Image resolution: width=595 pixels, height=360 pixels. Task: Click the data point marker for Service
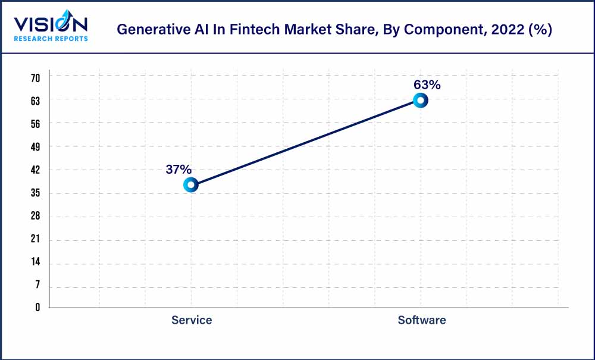[x=190, y=185]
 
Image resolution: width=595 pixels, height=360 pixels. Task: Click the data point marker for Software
[x=420, y=101]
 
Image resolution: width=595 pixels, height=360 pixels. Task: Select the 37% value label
[x=178, y=170]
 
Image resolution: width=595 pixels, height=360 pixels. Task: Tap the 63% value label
[x=427, y=85]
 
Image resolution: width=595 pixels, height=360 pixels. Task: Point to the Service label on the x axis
[x=192, y=320]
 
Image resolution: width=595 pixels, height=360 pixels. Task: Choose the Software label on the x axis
[x=421, y=320]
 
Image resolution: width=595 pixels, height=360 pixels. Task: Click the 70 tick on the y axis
[x=35, y=77]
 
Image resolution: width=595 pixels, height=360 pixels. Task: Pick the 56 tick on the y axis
[x=35, y=124]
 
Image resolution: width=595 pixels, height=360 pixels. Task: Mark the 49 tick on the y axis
[x=35, y=146]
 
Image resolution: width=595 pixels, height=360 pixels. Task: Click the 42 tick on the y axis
[x=35, y=170]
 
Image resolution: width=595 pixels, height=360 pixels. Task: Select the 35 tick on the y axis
[x=35, y=193]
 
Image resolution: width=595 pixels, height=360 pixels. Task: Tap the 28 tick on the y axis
[x=35, y=216]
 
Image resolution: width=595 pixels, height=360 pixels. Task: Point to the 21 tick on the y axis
[x=35, y=239]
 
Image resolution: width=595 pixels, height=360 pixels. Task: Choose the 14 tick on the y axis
[x=35, y=262]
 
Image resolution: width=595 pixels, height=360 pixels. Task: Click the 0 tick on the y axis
[x=37, y=308]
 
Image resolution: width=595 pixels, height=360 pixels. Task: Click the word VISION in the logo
[x=51, y=24]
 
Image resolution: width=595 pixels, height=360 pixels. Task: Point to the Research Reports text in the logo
[x=51, y=39]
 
